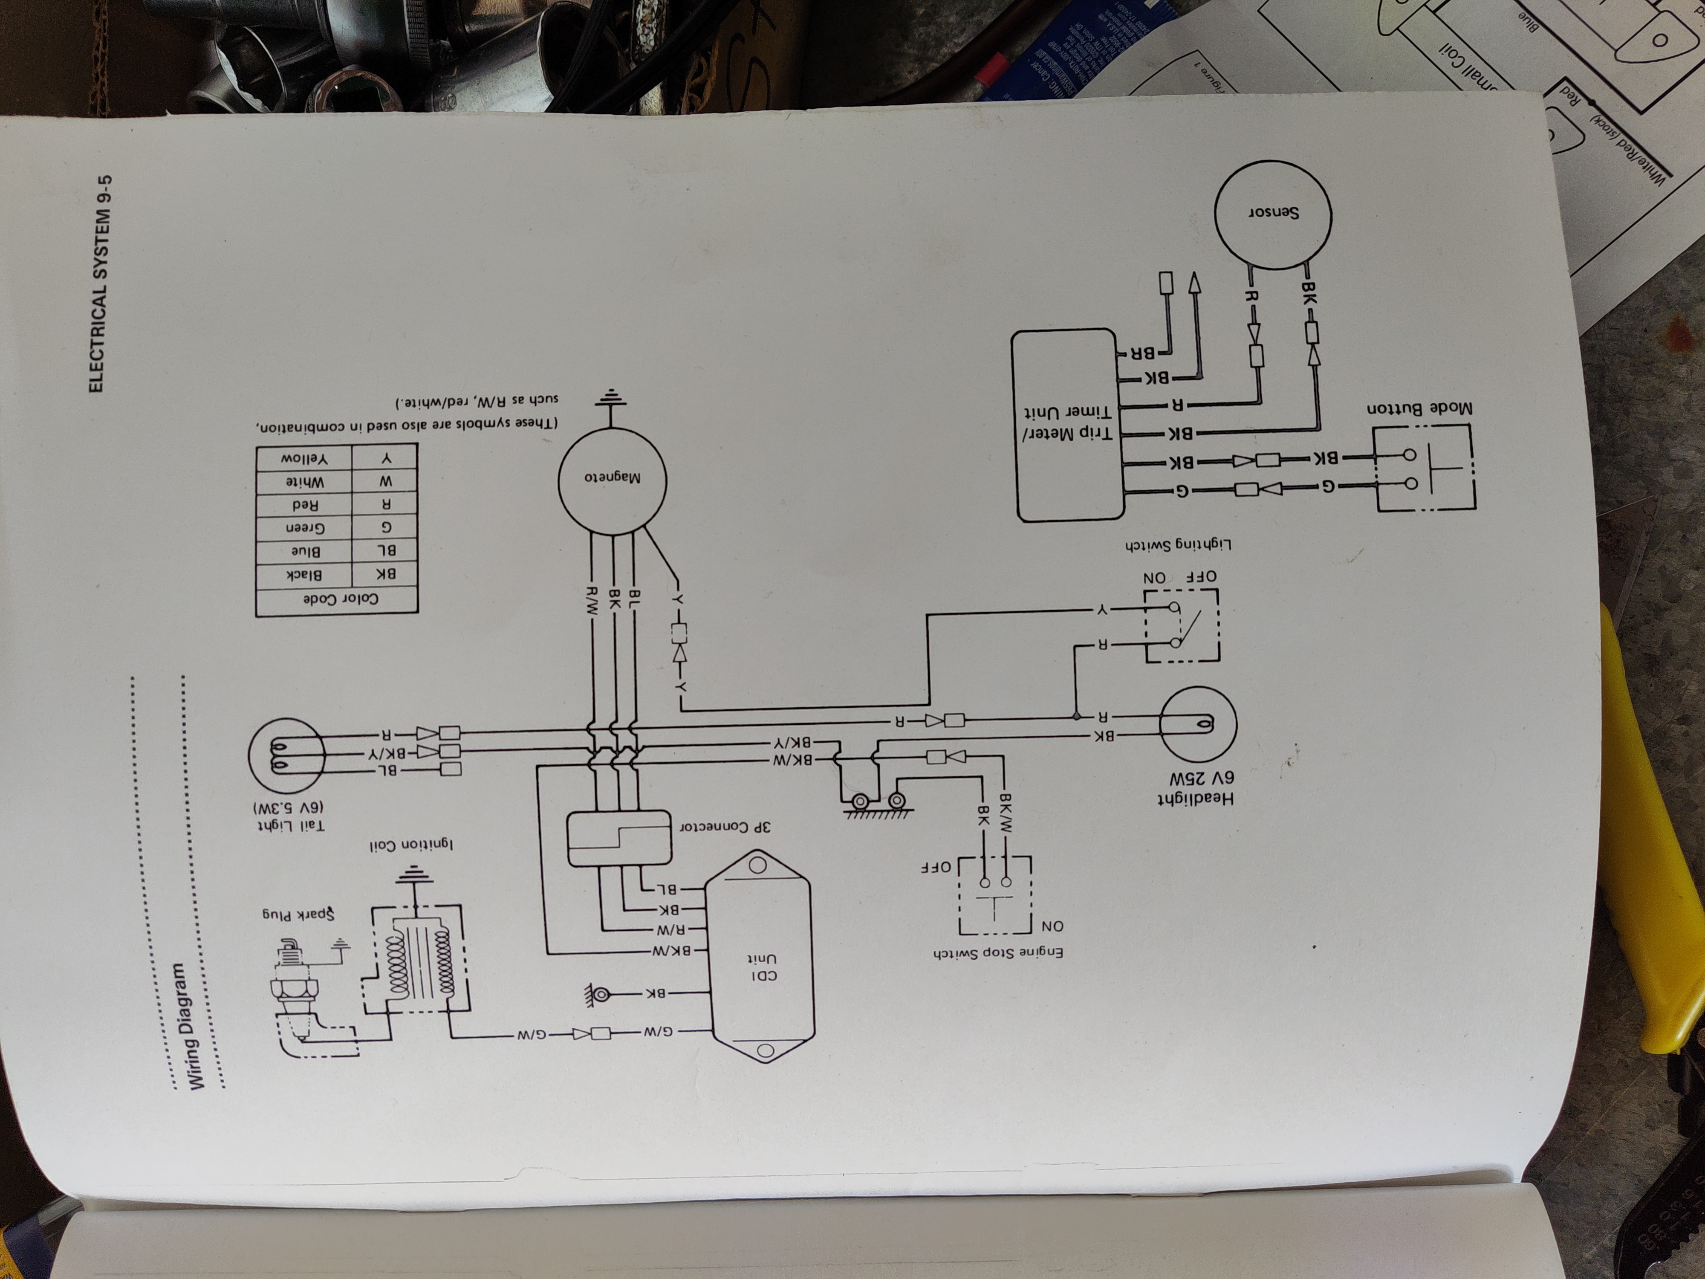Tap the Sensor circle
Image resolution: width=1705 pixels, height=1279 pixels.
click(x=1273, y=212)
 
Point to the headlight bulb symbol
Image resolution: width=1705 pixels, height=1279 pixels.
click(x=1197, y=723)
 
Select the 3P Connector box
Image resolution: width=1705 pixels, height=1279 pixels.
click(x=619, y=838)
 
